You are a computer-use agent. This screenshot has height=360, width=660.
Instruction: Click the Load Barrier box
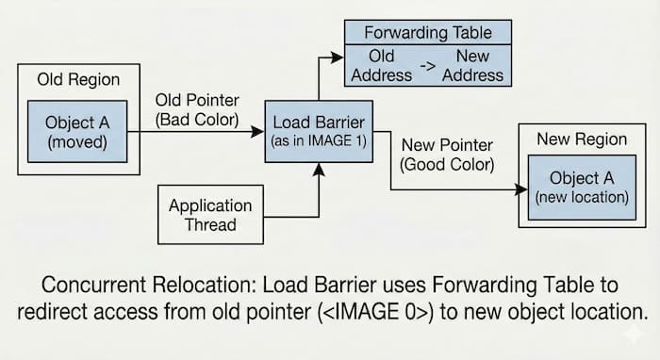318,131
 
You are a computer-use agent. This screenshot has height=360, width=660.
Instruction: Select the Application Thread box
210,215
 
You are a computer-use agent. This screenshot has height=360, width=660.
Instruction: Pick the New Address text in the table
473,65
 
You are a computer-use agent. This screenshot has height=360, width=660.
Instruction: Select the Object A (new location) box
581,188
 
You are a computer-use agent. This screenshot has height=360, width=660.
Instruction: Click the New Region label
581,139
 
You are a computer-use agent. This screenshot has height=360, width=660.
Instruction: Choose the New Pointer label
447,146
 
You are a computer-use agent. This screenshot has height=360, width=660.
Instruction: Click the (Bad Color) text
197,120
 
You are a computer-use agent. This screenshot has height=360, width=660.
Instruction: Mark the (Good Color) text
447,166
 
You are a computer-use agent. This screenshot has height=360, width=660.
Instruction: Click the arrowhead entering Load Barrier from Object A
259,133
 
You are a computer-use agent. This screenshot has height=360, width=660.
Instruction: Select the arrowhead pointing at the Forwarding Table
338,57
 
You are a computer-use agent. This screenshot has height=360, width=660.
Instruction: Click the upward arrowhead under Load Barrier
319,169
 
